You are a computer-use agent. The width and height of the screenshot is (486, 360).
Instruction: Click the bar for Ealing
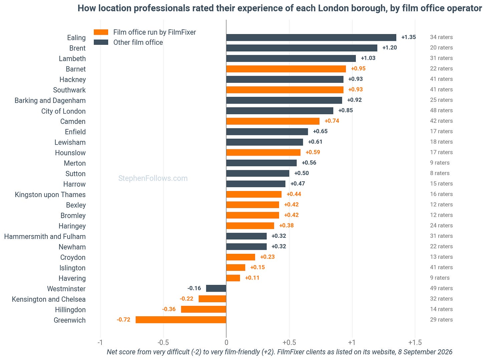click(311, 37)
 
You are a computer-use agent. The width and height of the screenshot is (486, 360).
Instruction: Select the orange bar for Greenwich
click(181, 320)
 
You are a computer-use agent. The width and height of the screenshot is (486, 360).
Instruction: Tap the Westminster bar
click(216, 288)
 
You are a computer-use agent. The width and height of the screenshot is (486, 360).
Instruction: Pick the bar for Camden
click(273, 121)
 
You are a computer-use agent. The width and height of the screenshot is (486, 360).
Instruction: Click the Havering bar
click(233, 278)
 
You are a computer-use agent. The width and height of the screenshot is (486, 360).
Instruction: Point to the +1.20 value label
click(390, 47)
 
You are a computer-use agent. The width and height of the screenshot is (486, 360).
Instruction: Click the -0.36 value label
click(169, 309)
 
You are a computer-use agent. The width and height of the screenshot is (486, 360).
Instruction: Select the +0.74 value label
click(332, 121)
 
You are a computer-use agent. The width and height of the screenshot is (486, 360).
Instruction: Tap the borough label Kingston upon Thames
click(50, 195)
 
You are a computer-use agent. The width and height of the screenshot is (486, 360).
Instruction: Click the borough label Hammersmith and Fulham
click(45, 236)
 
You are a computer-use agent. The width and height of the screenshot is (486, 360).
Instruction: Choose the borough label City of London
click(63, 111)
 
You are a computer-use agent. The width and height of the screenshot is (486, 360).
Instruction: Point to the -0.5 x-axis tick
click(163, 342)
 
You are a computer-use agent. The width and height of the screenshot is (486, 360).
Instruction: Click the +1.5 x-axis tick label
click(415, 342)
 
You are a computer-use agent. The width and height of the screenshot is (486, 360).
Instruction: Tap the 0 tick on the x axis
click(226, 342)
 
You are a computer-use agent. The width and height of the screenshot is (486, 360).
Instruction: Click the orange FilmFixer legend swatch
click(101, 32)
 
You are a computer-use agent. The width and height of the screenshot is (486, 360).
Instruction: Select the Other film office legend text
click(138, 42)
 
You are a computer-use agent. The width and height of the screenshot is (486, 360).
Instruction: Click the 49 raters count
click(441, 288)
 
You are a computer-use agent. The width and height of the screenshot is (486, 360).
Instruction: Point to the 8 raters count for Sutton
click(440, 173)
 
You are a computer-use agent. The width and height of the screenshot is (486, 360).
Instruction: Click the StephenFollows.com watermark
click(153, 178)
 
